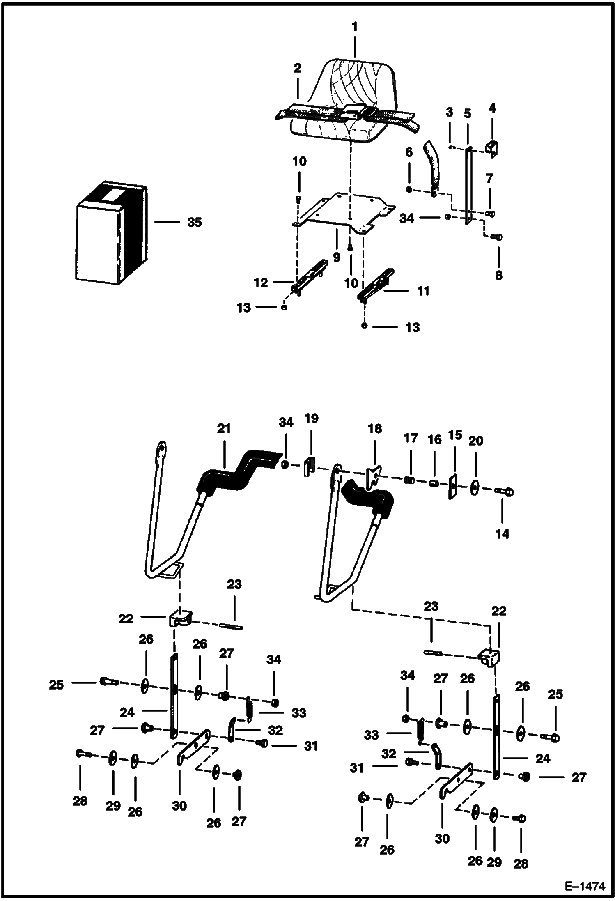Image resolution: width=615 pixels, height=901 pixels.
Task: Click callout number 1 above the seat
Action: (x=355, y=27)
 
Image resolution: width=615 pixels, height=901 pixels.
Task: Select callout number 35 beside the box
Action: (x=195, y=222)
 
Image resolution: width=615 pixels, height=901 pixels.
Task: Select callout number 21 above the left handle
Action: (x=224, y=429)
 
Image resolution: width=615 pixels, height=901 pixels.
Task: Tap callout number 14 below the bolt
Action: (x=502, y=534)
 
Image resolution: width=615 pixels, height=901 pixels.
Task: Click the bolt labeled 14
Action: (x=505, y=491)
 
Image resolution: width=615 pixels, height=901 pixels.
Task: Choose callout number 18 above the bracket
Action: (x=374, y=429)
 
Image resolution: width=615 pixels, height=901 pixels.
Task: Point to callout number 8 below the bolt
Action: (x=498, y=275)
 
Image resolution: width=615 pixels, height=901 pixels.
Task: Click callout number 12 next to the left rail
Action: (x=261, y=283)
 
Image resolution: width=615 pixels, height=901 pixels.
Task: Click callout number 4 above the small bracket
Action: (x=492, y=108)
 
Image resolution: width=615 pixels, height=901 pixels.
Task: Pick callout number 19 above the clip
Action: (x=311, y=418)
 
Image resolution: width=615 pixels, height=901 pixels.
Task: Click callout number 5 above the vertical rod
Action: (x=468, y=113)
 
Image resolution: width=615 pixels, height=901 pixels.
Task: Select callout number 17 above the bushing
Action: (x=411, y=438)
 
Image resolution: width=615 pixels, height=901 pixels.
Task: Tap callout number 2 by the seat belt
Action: (x=297, y=68)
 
